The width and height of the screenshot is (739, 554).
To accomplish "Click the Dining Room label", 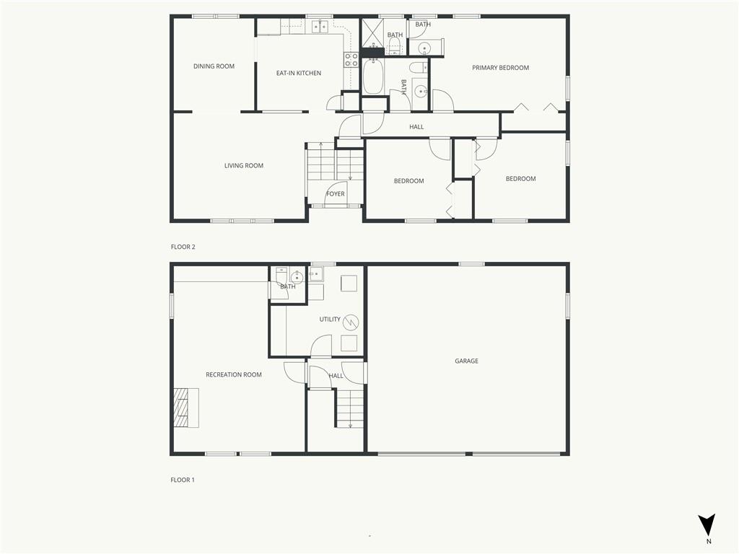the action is [214, 66].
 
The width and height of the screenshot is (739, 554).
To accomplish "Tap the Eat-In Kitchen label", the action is [299, 73].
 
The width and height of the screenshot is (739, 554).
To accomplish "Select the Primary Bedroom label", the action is [501, 68].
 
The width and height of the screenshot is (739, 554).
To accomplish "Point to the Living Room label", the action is [244, 165].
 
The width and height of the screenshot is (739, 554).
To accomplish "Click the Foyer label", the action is [336, 193].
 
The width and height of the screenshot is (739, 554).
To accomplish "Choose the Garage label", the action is [467, 361].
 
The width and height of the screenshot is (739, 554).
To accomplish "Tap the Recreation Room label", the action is [234, 374].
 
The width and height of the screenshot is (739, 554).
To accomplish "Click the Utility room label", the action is [330, 320].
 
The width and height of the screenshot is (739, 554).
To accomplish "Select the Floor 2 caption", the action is [183, 247].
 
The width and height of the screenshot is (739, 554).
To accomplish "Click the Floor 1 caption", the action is [183, 480].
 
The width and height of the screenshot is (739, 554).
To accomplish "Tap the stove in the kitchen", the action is [351, 59].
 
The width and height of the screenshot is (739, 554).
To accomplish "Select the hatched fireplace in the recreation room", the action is [187, 408].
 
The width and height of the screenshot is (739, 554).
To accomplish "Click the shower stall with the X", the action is [373, 33].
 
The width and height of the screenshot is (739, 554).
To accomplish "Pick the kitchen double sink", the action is [320, 27].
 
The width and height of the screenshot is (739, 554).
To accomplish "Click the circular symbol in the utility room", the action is [351, 322].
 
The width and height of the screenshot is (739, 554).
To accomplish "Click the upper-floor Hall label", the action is [416, 127].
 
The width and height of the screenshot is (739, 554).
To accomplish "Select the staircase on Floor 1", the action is [350, 408].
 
